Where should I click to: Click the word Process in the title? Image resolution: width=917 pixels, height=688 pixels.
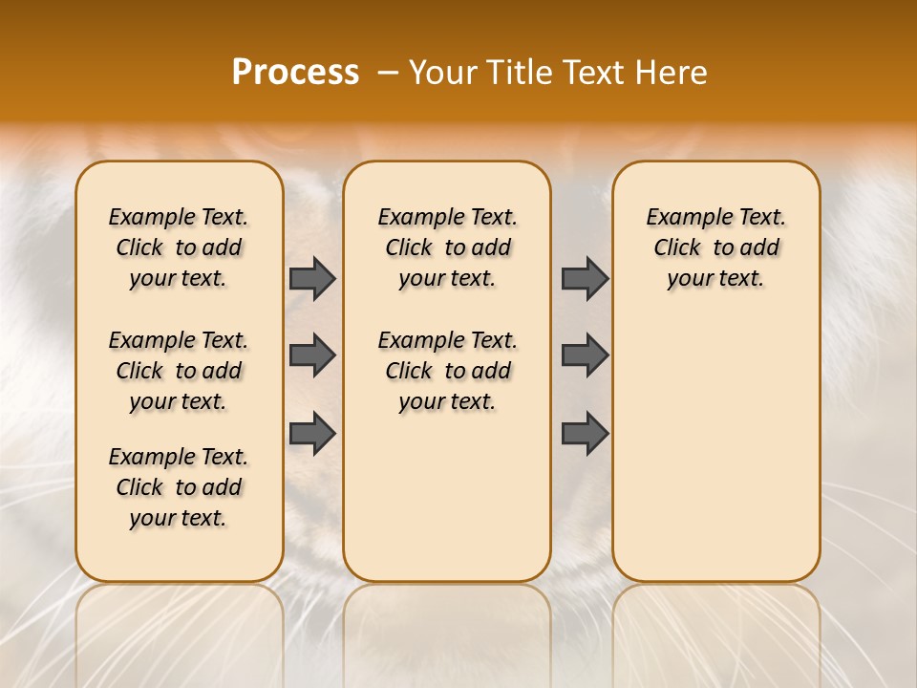(x=295, y=73)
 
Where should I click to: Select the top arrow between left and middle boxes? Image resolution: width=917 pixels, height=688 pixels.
(x=312, y=278)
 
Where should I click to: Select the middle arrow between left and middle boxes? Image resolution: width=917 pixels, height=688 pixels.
(x=312, y=356)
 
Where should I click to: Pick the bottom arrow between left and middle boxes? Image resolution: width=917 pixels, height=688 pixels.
(x=312, y=434)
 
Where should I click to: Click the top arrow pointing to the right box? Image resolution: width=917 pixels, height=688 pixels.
(x=585, y=278)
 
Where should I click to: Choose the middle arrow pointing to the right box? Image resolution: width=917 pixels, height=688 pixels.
(x=585, y=356)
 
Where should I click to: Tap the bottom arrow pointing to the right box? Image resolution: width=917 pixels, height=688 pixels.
(x=585, y=434)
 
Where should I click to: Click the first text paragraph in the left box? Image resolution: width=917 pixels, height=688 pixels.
(x=179, y=247)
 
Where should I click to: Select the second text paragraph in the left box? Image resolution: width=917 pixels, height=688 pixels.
(x=179, y=371)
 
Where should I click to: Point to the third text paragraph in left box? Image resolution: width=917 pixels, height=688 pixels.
(x=179, y=487)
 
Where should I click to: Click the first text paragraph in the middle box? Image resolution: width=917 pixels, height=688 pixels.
(x=447, y=247)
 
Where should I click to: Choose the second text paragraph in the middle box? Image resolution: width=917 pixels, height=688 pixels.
(x=447, y=371)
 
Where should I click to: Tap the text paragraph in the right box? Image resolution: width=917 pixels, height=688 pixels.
(x=715, y=247)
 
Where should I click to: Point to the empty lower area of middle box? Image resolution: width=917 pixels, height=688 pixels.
(x=447, y=497)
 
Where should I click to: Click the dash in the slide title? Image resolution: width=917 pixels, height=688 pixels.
(x=387, y=73)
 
